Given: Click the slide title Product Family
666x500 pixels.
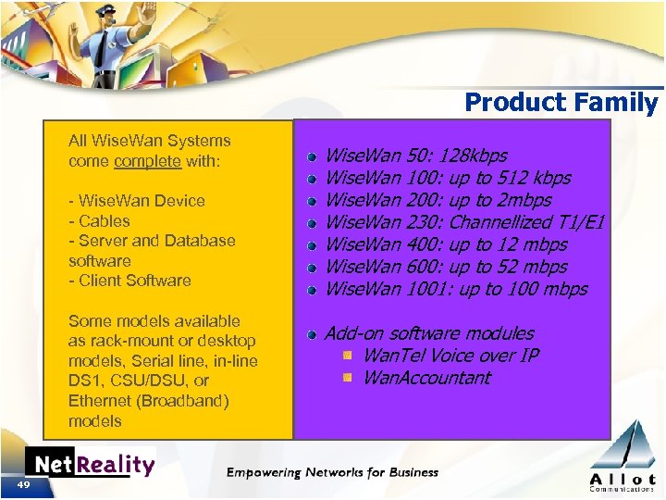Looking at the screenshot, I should coord(561,102).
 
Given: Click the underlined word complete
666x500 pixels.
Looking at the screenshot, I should coord(147,161).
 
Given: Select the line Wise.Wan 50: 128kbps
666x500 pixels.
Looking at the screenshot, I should coord(416,156).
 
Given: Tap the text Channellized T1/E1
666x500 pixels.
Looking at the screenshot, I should coord(526,222).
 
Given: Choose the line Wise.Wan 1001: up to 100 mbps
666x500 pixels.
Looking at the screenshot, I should coord(456,289).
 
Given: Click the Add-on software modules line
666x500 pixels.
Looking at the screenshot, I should coord(428,333).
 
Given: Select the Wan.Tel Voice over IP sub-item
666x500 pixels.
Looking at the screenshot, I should coord(450,356).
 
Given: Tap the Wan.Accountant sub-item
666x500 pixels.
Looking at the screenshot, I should coord(426,378).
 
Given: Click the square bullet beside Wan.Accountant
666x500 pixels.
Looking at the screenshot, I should coord(347,378).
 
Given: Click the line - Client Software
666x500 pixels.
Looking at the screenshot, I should coord(129,281).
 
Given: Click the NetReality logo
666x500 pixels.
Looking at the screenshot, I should coord(90,464).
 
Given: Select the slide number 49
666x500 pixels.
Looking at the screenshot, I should coord(23,486).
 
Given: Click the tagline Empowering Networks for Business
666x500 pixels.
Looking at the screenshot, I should coord(332,472).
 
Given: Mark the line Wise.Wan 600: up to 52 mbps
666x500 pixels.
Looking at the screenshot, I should coord(447,267).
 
